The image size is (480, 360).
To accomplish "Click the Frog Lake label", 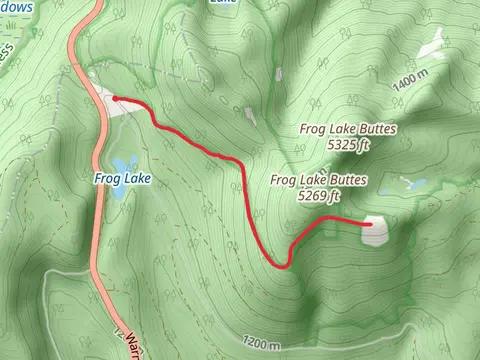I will point(123,180).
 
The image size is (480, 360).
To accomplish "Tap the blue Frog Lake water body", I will point(123,164).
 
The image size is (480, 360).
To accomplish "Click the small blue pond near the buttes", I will point(412,185).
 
